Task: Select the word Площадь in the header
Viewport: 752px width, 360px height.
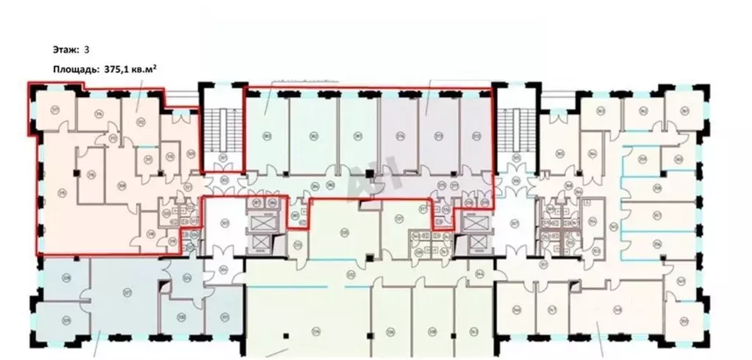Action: pyautogui.click(x=72, y=69)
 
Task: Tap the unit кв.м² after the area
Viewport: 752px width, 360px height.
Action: pyautogui.click(x=141, y=69)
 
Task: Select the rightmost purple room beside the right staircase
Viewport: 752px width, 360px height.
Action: pyautogui.click(x=475, y=132)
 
